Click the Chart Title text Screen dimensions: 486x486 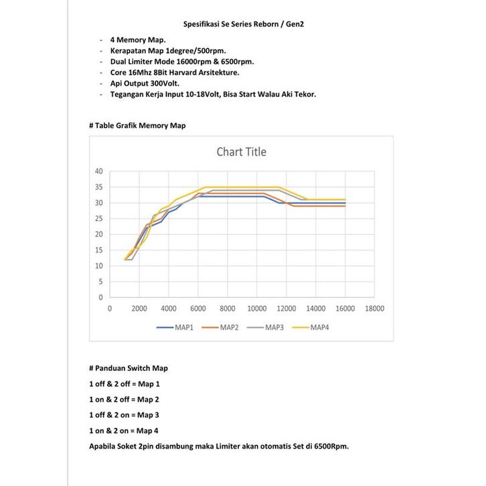point(241,152)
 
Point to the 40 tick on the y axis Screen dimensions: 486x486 point(98,171)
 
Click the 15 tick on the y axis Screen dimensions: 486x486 point(98,250)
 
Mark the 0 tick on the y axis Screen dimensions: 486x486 point(100,297)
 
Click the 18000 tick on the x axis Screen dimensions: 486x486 point(374,309)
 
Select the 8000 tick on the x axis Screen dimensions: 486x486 point(228,309)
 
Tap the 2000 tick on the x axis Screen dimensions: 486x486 point(139,309)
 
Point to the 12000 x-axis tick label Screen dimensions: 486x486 point(286,309)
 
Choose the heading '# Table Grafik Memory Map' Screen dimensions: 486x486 point(137,125)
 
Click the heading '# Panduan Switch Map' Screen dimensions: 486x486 point(128,369)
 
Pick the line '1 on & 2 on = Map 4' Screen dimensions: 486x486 point(124,430)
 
